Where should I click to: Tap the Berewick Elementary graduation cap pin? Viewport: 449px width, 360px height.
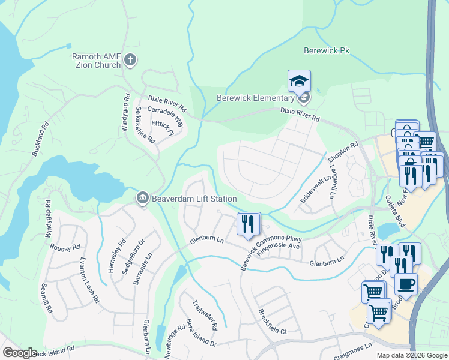(300, 80)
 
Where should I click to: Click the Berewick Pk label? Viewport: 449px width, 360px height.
(327, 51)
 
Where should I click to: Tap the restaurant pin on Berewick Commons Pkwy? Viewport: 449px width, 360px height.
(248, 224)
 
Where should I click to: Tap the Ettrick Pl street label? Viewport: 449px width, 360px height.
(162, 127)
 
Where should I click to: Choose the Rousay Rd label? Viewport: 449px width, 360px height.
(67, 247)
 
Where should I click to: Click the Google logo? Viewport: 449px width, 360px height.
(20, 353)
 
